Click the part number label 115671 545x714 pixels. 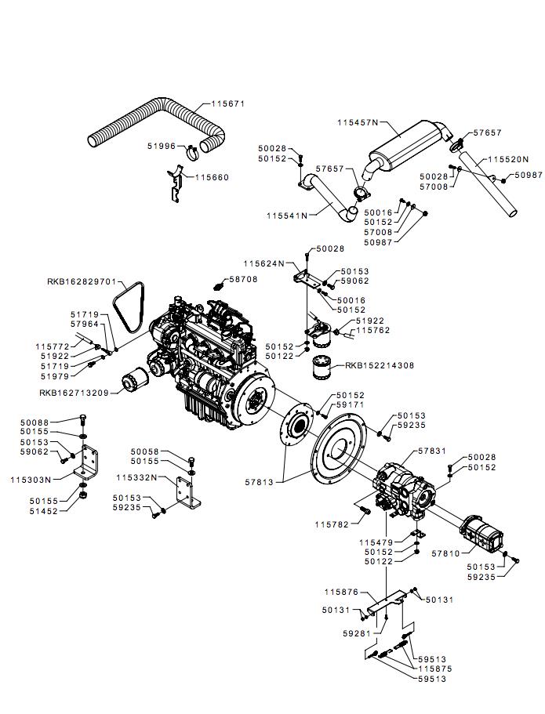[228, 103]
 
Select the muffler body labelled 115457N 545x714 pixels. [399, 144]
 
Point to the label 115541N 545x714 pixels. [288, 215]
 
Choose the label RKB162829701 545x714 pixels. [81, 281]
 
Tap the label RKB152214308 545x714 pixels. [380, 365]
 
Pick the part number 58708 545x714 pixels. [243, 278]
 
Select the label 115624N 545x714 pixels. [264, 263]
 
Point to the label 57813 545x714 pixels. [260, 482]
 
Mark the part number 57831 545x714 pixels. [433, 451]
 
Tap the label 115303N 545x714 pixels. [31, 479]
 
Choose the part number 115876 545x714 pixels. [341, 592]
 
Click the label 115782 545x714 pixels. [331, 524]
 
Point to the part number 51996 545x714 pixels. [163, 145]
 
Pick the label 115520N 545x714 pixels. [507, 159]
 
